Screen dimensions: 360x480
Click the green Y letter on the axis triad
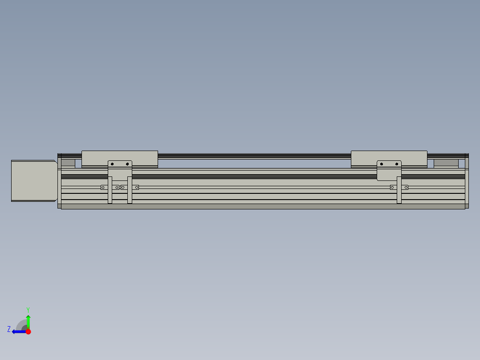tap(28, 309)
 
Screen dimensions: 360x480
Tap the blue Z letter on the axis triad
tap(9, 329)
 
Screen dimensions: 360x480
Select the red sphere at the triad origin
tap(28, 331)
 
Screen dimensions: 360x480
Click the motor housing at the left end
tap(33, 181)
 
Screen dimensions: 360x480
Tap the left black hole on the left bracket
tap(113, 164)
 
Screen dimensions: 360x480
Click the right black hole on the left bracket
tap(127, 164)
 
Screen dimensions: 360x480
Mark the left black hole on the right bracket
tap(382, 164)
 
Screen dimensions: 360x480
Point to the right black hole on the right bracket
tap(396, 164)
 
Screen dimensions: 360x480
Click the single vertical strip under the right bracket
tap(399, 190)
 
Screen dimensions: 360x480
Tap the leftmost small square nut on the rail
tap(103, 187)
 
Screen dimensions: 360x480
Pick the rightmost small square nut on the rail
tap(406, 187)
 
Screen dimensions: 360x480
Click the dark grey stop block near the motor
tap(68, 163)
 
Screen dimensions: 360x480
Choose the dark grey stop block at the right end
tap(446, 163)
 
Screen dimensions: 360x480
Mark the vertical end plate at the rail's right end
tap(467, 181)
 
